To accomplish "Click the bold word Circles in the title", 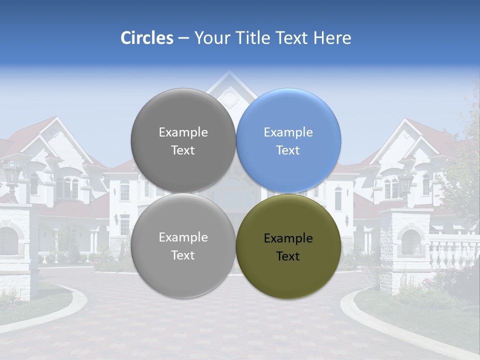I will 147,38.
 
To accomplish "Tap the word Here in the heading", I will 333,38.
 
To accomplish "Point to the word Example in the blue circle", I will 288,132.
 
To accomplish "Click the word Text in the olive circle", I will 288,256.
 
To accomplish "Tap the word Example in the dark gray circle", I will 183,132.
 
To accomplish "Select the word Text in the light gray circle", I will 183,255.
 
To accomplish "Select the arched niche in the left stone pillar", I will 8,240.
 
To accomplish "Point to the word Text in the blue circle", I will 288,150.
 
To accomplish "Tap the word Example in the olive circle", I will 288,238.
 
